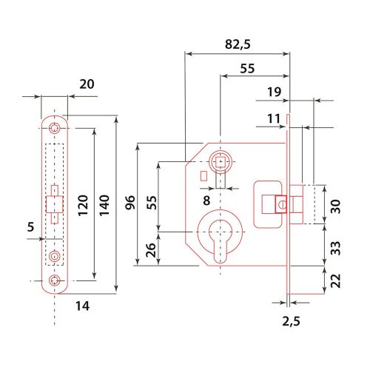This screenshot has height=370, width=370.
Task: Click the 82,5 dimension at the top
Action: tap(238, 44)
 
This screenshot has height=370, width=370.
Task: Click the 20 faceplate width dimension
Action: tap(87, 85)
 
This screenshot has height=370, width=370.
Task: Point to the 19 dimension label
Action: tap(274, 92)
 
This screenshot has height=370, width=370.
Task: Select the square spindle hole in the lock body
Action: tap(221, 161)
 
